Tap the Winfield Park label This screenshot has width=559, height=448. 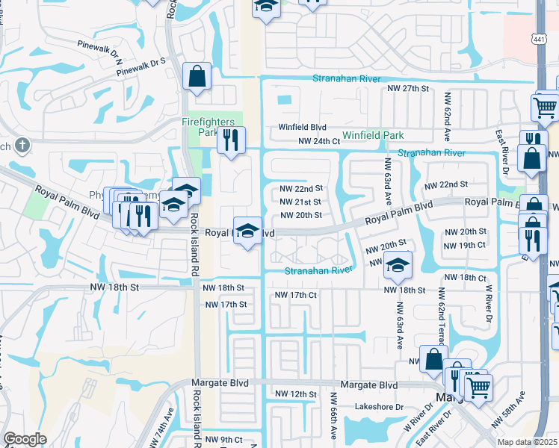(x=373, y=135)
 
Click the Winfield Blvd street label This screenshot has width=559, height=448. (x=304, y=127)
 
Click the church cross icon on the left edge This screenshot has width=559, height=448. (x=22, y=145)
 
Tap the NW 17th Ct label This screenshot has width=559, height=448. (x=296, y=295)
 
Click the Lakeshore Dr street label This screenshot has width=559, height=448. (x=379, y=408)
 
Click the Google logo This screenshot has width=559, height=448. (x=25, y=439)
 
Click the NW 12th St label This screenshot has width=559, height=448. (x=291, y=393)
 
